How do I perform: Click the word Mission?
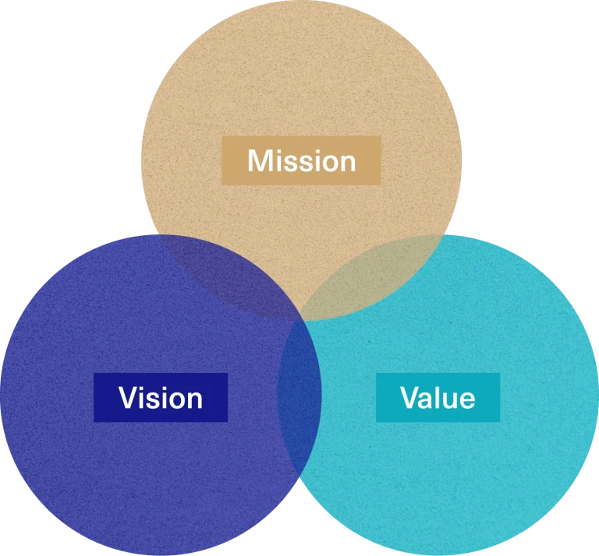coord(301,161)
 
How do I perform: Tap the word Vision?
coord(161,398)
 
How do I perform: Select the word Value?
coord(438,398)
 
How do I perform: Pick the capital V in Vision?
coord(129,398)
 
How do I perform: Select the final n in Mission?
coord(346,163)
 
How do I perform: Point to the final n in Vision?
coord(193,399)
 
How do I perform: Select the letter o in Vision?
coord(175,399)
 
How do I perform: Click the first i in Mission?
coord(279,161)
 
